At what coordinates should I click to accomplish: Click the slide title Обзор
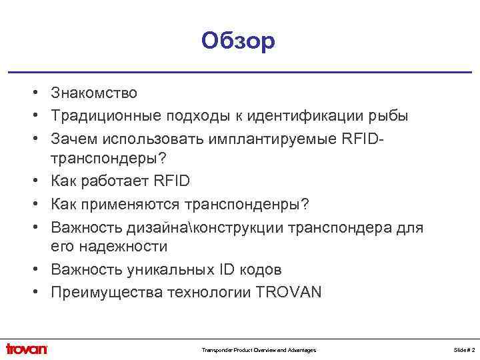coord(238,41)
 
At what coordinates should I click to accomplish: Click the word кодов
coord(258,269)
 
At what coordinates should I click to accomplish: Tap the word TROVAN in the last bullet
coord(288,291)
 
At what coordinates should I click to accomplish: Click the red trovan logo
coord(27,349)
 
